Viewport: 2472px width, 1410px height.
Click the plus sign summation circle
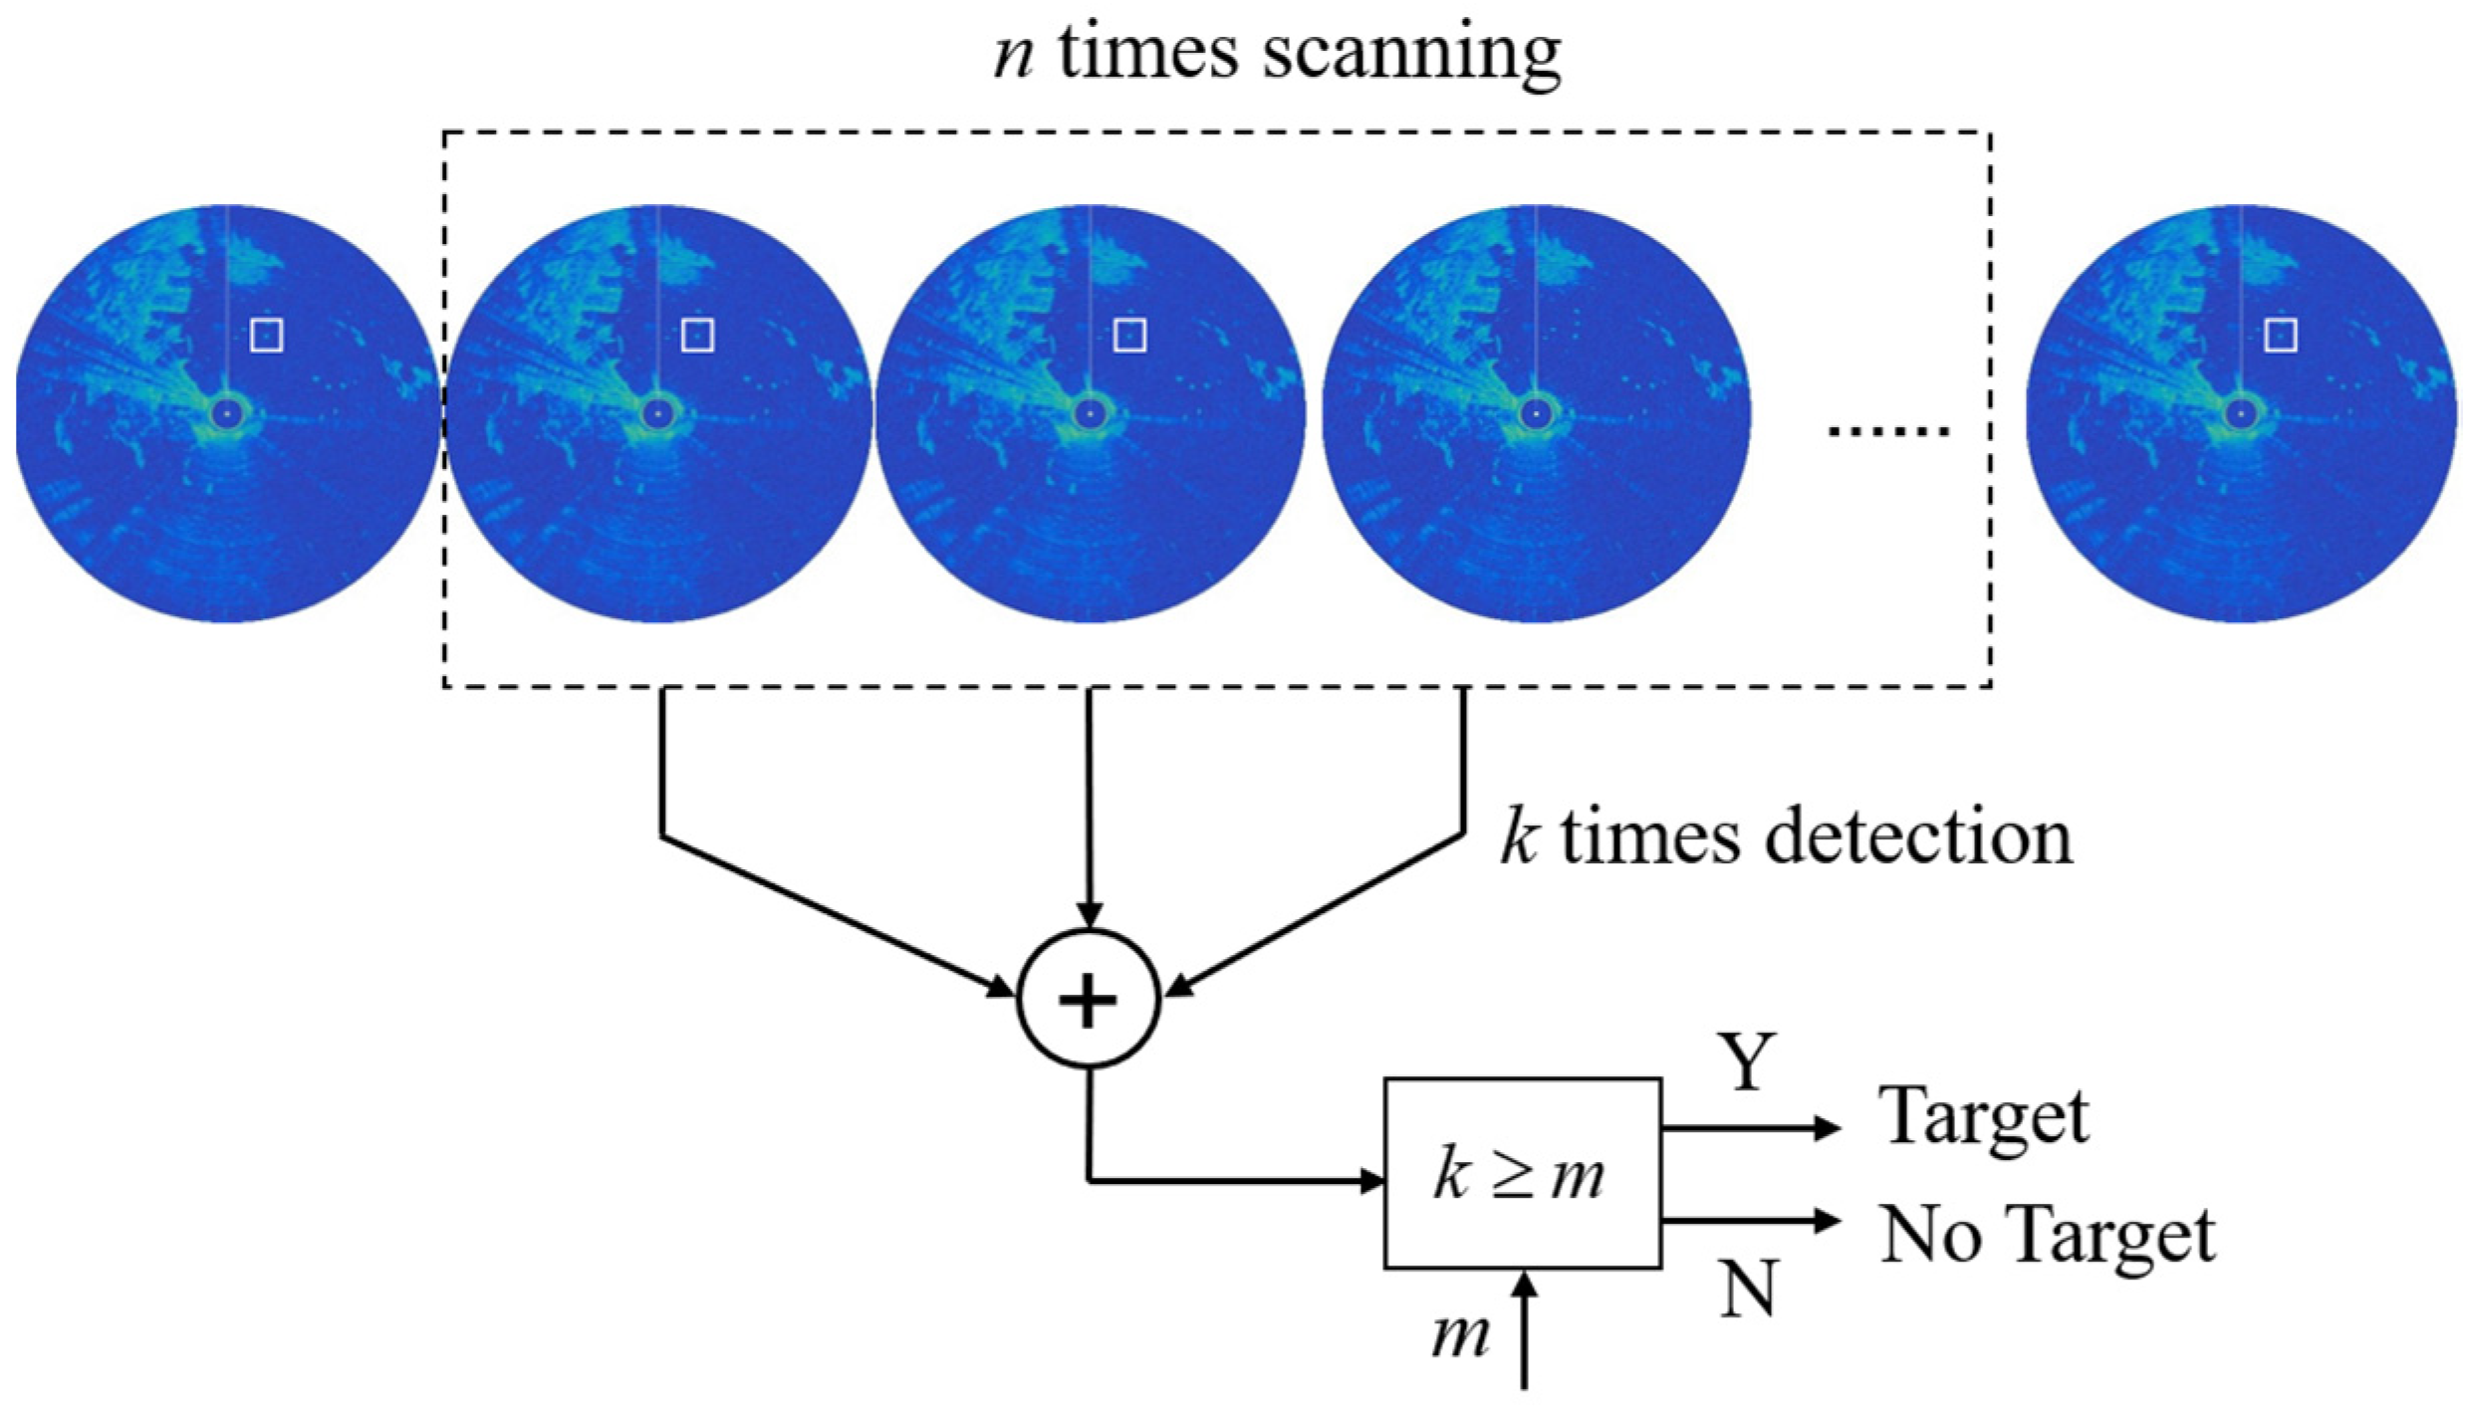[x=1088, y=999]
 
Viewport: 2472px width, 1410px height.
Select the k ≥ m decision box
[x=1522, y=1173]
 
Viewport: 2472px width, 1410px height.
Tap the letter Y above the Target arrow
[x=1747, y=1062]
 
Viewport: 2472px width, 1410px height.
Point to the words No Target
[x=2047, y=1236]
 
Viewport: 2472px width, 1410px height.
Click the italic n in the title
[x=1014, y=55]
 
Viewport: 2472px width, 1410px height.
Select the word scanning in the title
[x=1411, y=55]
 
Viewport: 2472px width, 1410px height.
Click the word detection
[x=1917, y=837]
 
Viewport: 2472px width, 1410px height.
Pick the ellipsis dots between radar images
[x=1888, y=431]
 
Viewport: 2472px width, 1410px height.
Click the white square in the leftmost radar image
[x=266, y=336]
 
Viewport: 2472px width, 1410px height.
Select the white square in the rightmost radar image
[x=2281, y=336]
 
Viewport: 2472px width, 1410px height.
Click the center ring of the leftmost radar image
[x=226, y=412]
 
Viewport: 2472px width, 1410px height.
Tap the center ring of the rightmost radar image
[x=2241, y=412]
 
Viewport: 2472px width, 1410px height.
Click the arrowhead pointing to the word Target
[x=1828, y=1128]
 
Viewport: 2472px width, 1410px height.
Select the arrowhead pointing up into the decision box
[x=1524, y=1287]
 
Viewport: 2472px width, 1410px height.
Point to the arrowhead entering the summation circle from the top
[x=1090, y=915]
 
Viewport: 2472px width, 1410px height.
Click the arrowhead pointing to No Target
[x=1828, y=1220]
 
